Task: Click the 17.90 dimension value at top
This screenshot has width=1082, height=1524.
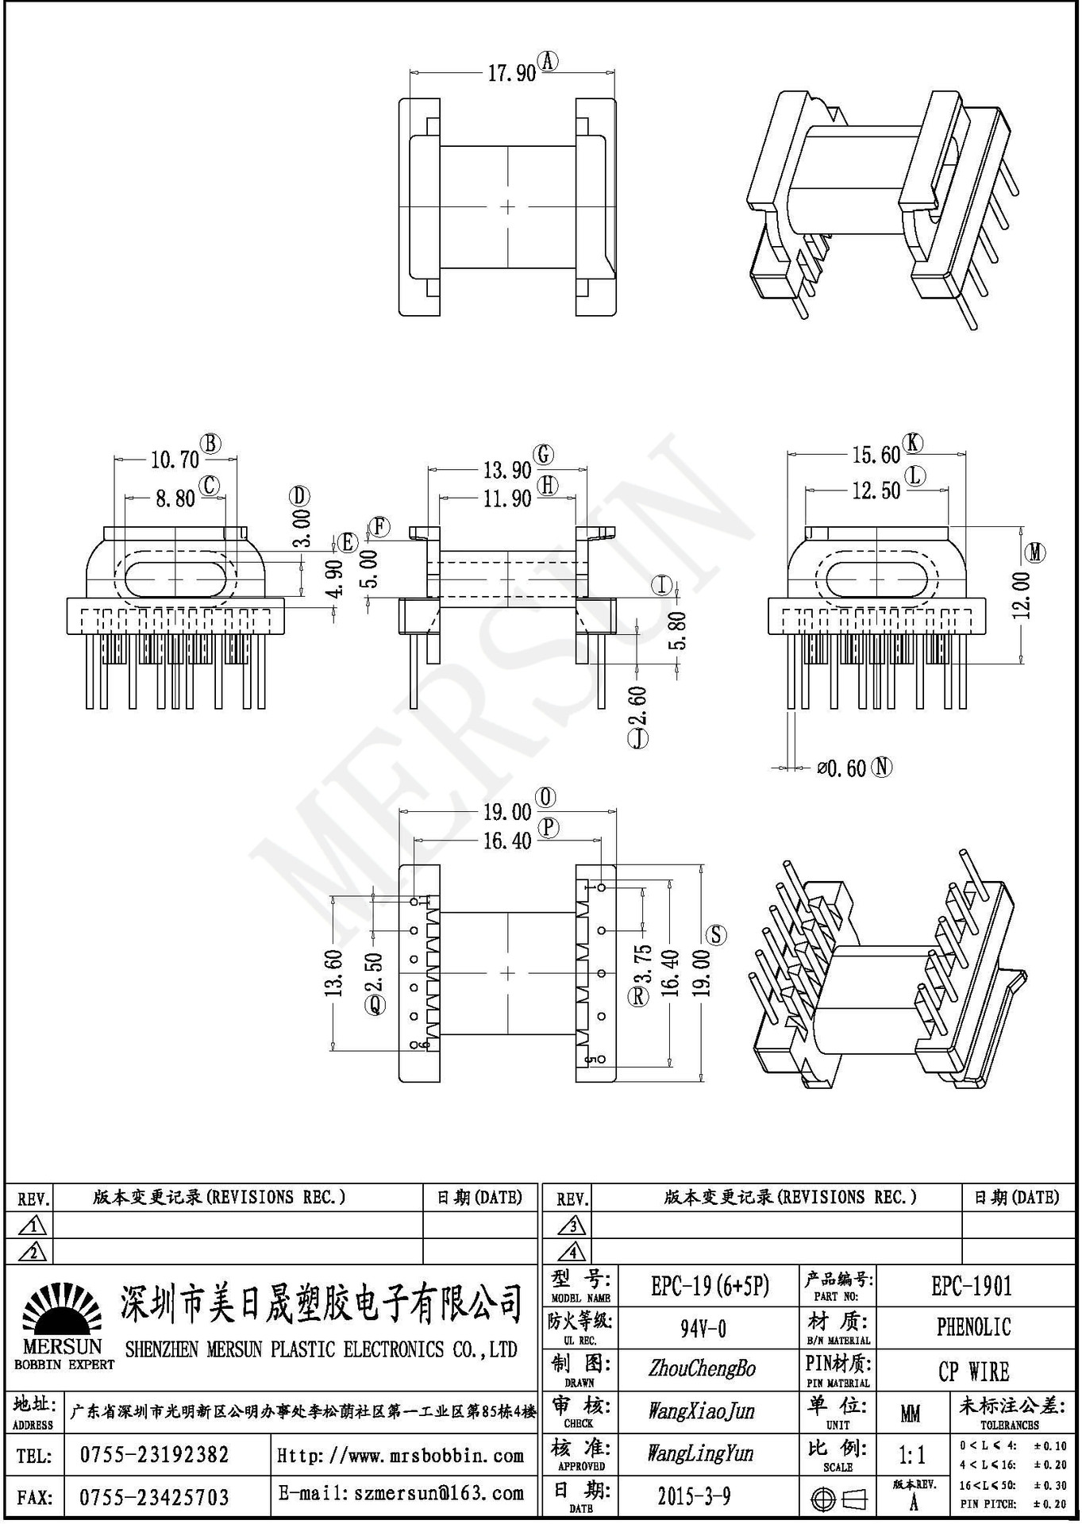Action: tap(511, 74)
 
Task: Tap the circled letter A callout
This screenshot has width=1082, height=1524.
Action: tap(549, 60)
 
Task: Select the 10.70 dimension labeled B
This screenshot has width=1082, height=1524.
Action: tap(175, 460)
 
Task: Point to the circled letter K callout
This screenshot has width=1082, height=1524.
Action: tap(914, 443)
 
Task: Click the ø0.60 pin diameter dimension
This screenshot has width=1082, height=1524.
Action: tap(842, 768)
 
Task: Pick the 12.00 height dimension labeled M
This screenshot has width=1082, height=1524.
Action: tap(1022, 595)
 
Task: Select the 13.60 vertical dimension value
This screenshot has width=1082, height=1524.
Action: tap(334, 973)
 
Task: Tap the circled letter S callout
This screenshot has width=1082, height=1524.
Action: tap(717, 934)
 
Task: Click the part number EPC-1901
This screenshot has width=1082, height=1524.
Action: tap(972, 1286)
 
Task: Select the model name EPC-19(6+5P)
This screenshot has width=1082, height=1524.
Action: tap(710, 1285)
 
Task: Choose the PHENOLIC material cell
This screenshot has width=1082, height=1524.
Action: tap(973, 1327)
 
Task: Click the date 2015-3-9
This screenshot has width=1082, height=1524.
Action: tap(694, 1496)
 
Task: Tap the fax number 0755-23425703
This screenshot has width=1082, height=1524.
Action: tap(154, 1497)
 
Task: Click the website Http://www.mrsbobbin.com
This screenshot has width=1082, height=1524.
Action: tap(400, 1456)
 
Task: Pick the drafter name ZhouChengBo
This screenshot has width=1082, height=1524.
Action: tap(702, 1368)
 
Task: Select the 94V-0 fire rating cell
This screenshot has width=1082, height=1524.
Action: tap(703, 1328)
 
